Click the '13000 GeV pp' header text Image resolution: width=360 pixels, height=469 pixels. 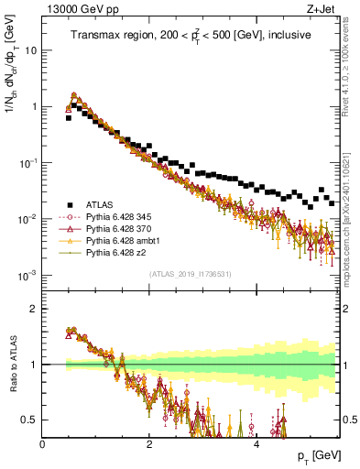[79, 9]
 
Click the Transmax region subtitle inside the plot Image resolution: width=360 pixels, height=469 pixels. [191, 35]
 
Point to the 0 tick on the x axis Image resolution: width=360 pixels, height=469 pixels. [43, 444]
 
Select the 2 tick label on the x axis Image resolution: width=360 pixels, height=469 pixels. [149, 444]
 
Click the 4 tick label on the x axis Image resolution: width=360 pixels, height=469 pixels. [256, 444]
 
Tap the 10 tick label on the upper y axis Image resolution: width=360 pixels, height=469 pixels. [29, 50]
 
